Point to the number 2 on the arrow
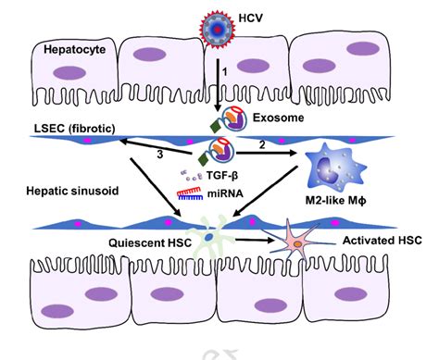click(x=263, y=146)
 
